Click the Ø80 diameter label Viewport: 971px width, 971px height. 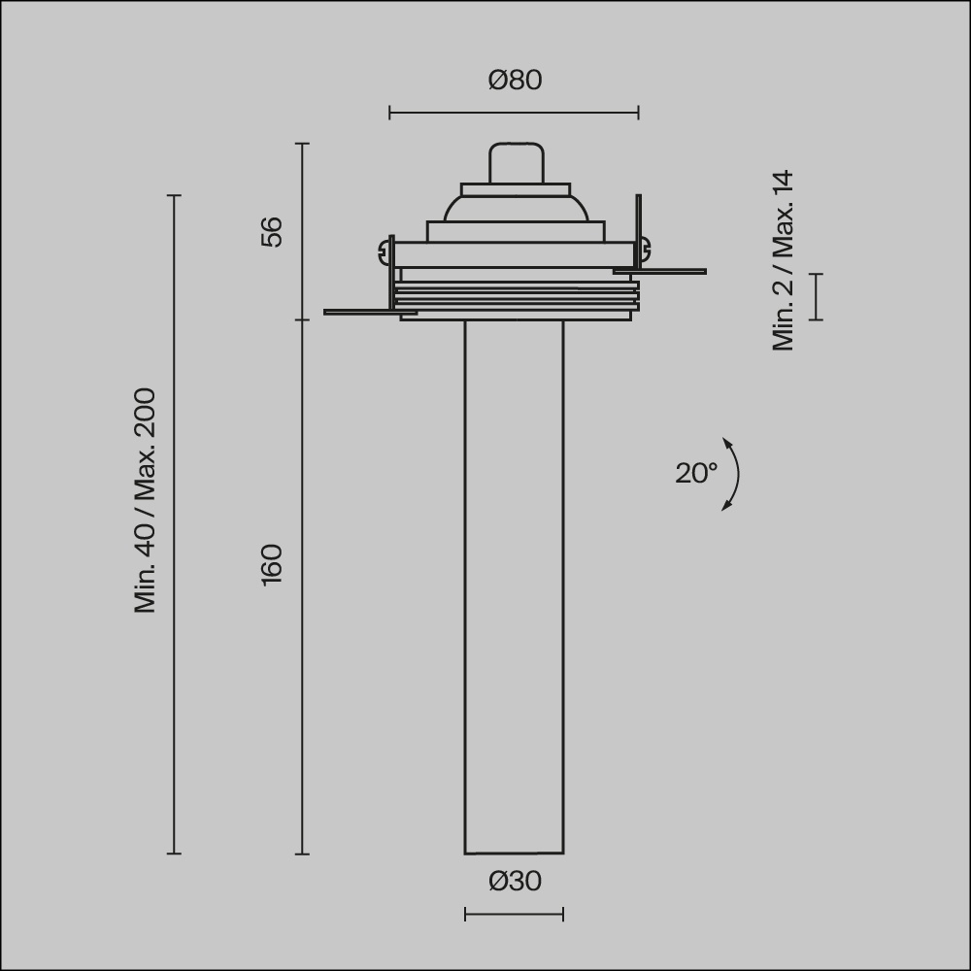coord(515,80)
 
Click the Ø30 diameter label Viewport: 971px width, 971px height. coord(515,882)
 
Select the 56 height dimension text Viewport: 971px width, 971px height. coord(273,231)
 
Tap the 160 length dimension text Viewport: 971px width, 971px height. coord(273,564)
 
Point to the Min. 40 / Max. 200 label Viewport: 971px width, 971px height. coord(146,501)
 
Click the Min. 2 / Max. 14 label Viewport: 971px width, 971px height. coord(784,261)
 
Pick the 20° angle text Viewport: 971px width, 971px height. coord(696,473)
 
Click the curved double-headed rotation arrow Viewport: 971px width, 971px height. coord(734,474)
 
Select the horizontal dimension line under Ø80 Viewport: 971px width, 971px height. coord(514,113)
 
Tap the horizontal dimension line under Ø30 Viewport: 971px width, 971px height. coord(514,914)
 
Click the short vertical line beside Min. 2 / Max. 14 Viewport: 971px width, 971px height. coord(817,296)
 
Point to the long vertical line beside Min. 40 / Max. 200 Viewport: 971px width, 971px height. coord(175,524)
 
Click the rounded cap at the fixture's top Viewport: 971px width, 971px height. coord(515,162)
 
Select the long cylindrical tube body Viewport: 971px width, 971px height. coord(514,583)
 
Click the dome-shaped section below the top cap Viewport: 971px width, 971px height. coord(515,207)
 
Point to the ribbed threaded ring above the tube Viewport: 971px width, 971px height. coord(517,296)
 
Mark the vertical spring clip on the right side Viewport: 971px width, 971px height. coord(638,228)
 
